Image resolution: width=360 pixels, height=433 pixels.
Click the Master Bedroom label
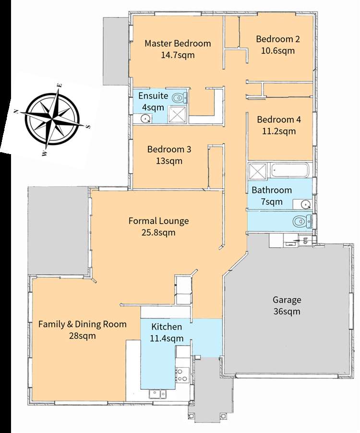point(178,43)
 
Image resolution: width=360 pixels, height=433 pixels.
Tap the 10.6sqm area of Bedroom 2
point(278,51)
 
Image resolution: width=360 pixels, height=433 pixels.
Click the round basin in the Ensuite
point(145,119)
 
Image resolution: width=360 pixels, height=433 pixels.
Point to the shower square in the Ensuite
point(178,114)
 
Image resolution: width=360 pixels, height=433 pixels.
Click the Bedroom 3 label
point(169,149)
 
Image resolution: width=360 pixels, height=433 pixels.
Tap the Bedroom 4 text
point(279,120)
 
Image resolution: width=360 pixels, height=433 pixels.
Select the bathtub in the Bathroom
point(289,170)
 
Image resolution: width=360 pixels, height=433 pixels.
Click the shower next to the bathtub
point(258,171)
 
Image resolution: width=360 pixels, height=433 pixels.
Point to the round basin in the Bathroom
point(305,204)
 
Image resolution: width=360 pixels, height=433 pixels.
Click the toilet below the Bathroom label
point(302,221)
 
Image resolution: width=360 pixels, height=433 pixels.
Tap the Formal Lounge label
point(159,221)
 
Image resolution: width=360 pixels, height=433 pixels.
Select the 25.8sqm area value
point(158,232)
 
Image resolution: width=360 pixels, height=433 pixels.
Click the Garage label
point(287,300)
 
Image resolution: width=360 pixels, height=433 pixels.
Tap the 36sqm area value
point(287,312)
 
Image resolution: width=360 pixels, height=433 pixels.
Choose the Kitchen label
point(167,327)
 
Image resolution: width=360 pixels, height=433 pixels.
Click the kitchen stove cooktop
point(182,375)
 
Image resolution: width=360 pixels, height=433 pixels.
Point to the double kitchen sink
point(158,393)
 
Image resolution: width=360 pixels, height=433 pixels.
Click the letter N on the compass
point(16,111)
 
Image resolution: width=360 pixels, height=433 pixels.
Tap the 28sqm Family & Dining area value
point(82,336)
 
